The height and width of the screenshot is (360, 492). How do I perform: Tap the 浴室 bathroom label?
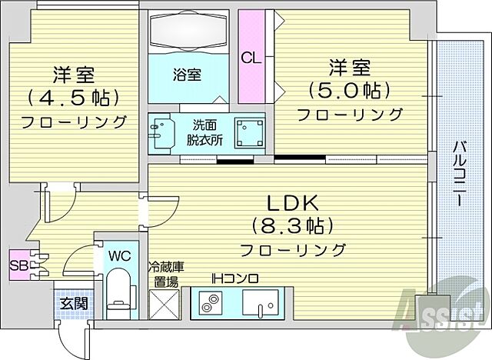click(187, 75)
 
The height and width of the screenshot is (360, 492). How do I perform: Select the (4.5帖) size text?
click(75, 98)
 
